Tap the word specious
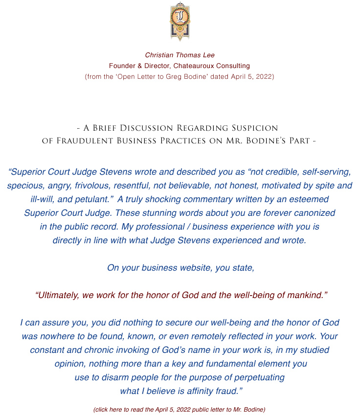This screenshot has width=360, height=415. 24,185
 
